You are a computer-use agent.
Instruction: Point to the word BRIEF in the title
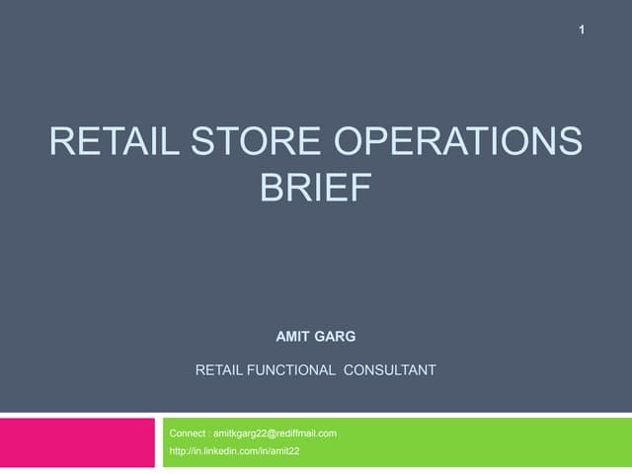click(x=315, y=188)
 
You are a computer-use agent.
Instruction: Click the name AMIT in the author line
click(x=294, y=338)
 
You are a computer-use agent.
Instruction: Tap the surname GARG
click(x=338, y=338)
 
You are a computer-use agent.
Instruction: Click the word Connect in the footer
click(x=188, y=433)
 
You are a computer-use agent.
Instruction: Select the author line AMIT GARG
click(x=315, y=338)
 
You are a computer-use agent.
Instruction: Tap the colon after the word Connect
click(x=209, y=433)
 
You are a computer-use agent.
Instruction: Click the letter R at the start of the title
click(x=61, y=144)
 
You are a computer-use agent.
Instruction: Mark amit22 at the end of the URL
click(x=285, y=451)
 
